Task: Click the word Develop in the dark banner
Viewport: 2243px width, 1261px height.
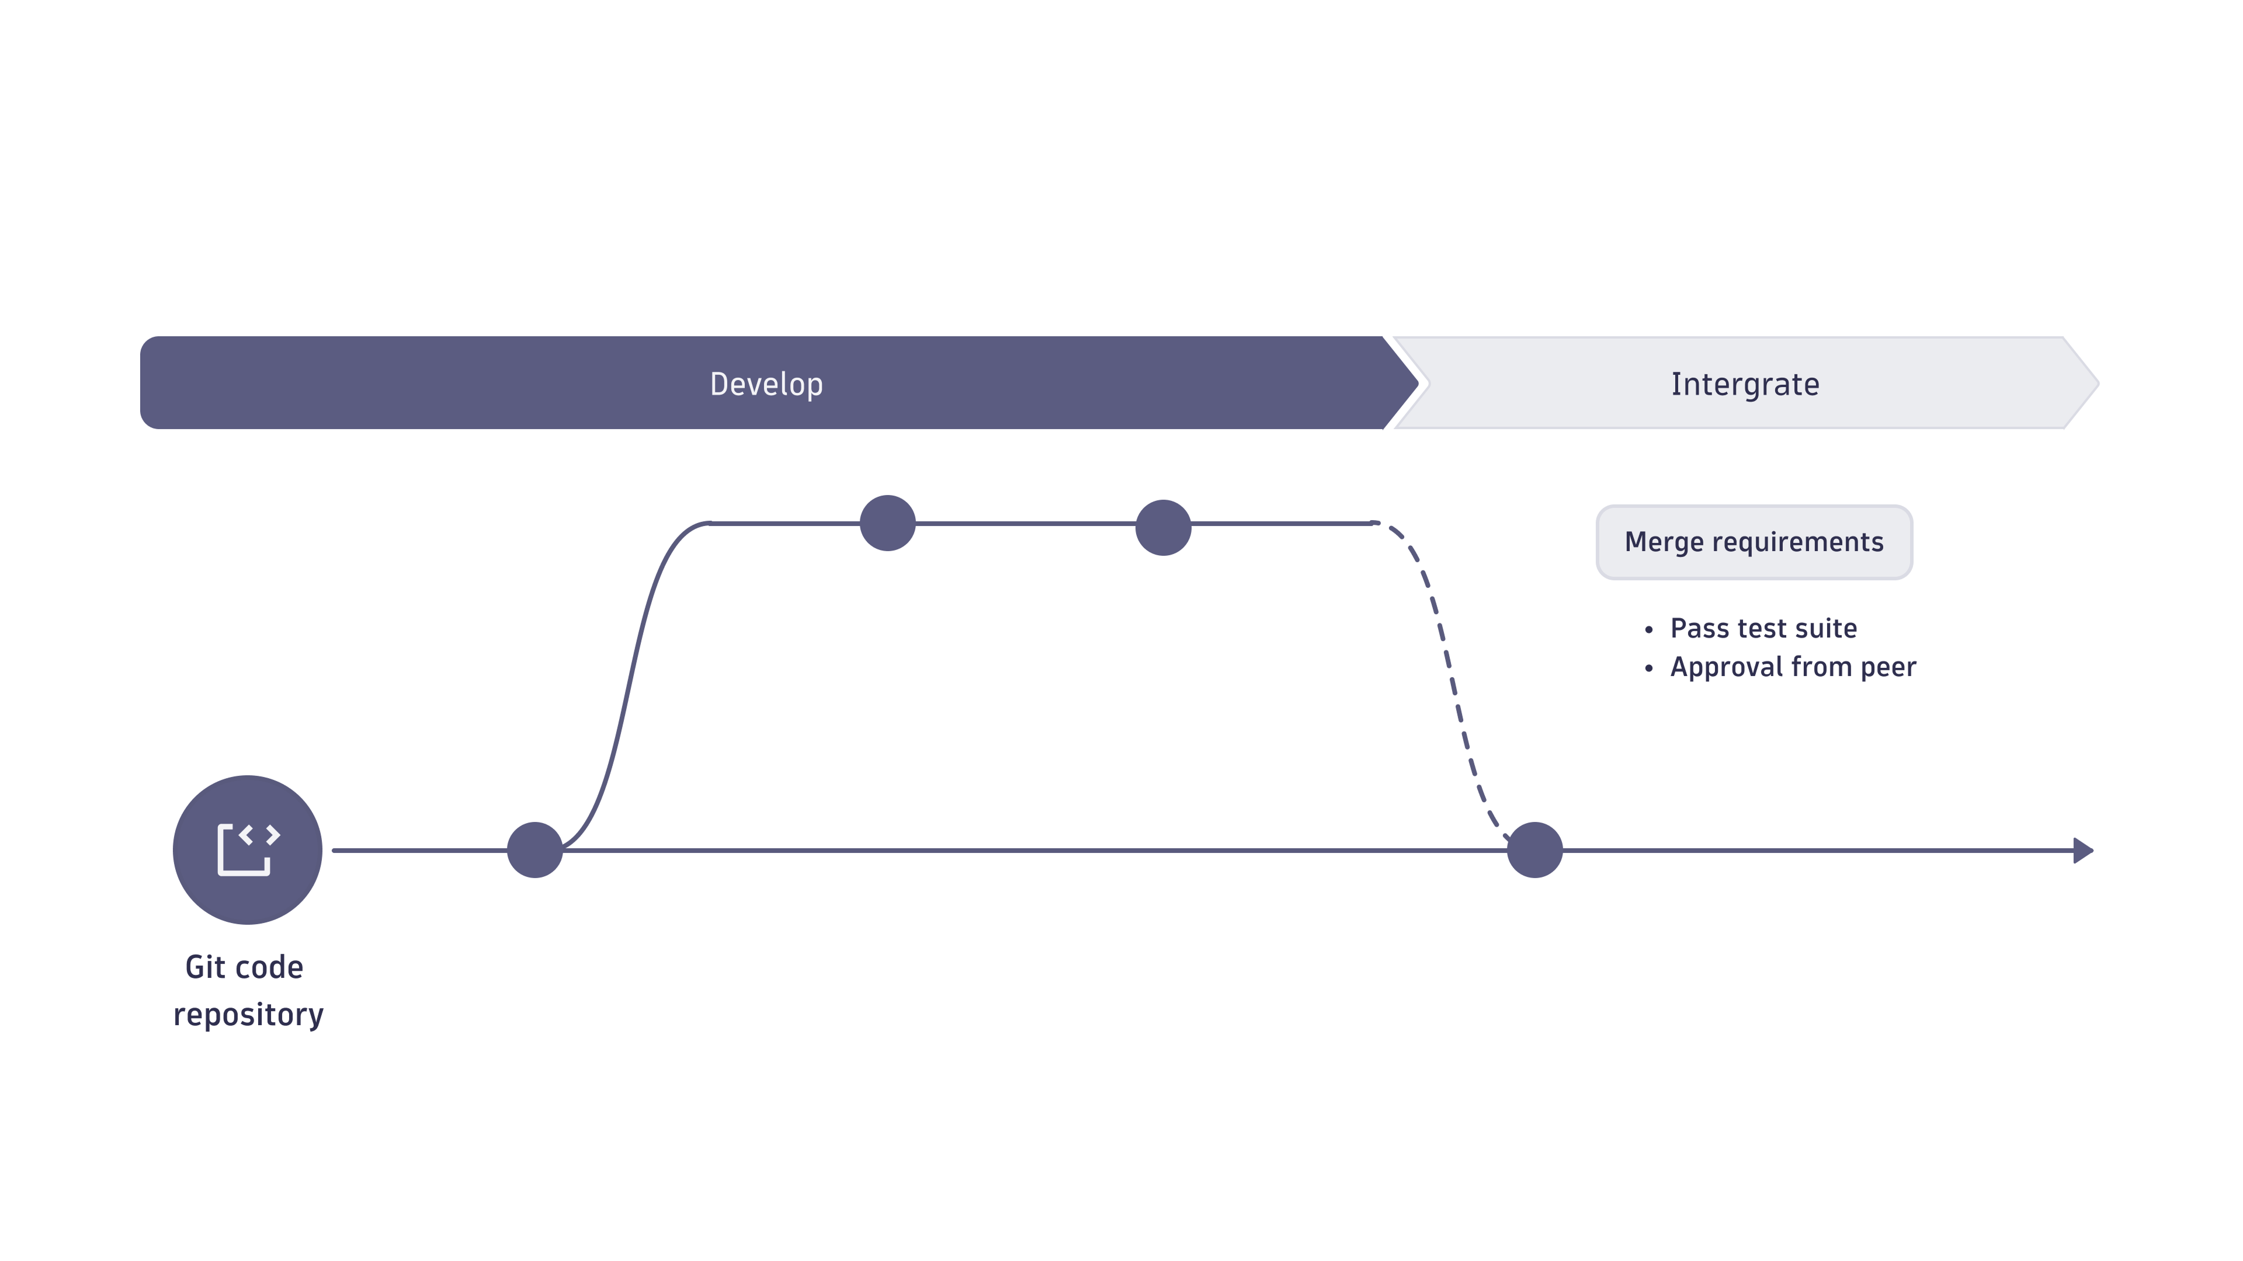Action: click(x=766, y=384)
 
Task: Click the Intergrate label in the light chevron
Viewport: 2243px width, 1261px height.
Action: click(x=1745, y=384)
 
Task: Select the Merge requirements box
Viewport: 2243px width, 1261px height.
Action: click(x=1754, y=541)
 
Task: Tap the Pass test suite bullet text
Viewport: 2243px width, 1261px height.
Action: click(x=1763, y=628)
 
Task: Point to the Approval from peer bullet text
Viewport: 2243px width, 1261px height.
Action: click(x=1793, y=667)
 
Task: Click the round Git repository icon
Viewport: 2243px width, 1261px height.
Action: click(x=247, y=849)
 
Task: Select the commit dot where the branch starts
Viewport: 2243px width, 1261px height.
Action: click(x=534, y=849)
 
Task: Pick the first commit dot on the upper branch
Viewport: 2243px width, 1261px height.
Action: click(x=887, y=523)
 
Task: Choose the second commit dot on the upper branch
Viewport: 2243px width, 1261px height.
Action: click(x=1164, y=527)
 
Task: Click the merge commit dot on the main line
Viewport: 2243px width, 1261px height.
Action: click(x=1534, y=849)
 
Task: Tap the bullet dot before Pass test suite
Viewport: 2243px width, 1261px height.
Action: click(x=1648, y=629)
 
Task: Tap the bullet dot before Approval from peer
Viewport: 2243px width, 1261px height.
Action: click(x=1648, y=668)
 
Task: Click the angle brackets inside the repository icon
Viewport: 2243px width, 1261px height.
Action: click(x=259, y=835)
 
